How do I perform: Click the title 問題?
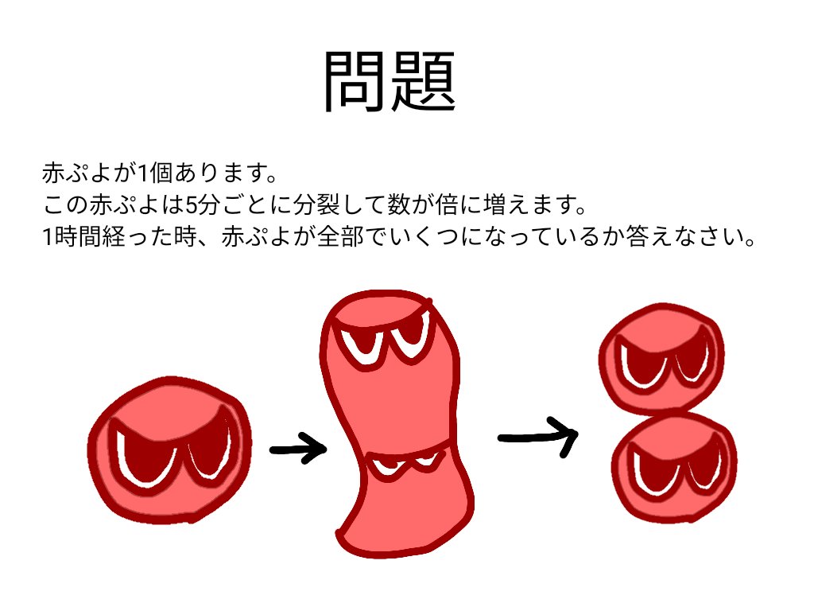(x=390, y=82)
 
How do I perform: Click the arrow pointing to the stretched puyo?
(x=298, y=449)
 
